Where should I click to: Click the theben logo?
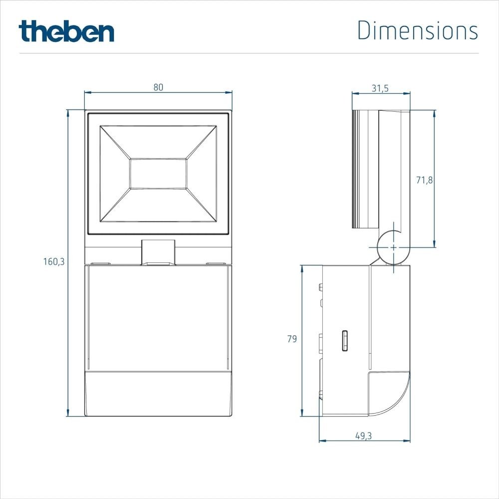click(66, 31)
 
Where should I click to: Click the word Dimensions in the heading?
click(418, 31)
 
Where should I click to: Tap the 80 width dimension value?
click(158, 87)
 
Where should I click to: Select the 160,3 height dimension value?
click(54, 261)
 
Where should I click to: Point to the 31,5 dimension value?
click(380, 88)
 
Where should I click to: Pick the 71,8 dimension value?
click(424, 180)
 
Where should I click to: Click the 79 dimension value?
click(292, 339)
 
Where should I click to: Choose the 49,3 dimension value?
click(363, 436)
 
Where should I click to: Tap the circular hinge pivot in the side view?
click(393, 248)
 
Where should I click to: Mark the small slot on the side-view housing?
click(344, 341)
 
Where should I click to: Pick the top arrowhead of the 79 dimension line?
click(302, 268)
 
